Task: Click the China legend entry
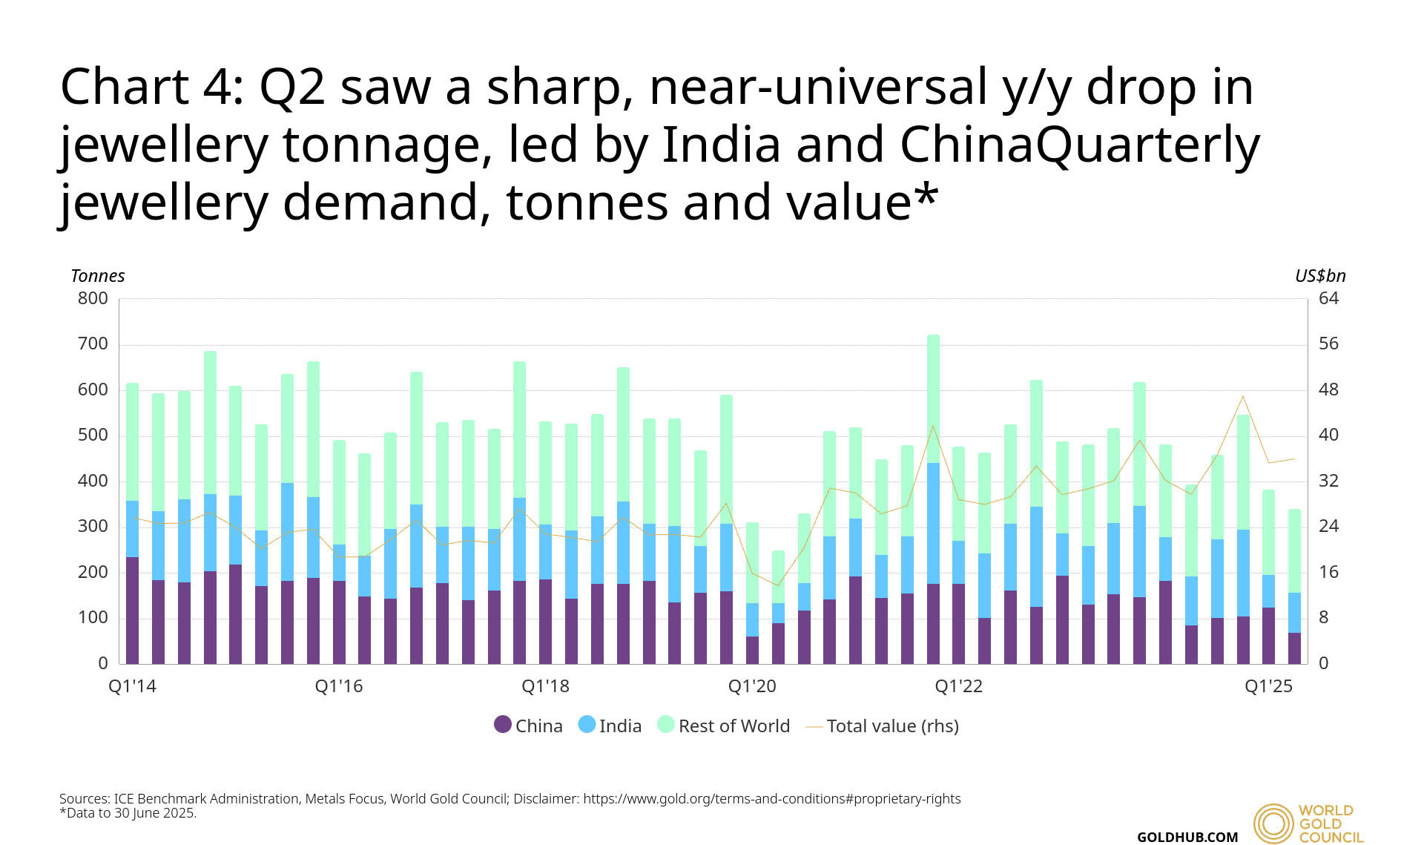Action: click(529, 726)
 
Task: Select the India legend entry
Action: click(610, 726)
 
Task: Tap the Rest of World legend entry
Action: click(724, 726)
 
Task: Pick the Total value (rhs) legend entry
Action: click(883, 726)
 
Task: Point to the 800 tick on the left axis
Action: click(93, 298)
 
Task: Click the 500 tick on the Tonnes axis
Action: click(93, 435)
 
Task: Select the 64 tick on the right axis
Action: click(1328, 298)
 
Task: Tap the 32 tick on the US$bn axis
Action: click(1328, 481)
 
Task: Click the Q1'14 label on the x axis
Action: click(133, 686)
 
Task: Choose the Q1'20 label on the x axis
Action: click(752, 686)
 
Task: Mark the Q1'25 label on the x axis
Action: click(1268, 686)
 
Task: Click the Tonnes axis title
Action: click(98, 276)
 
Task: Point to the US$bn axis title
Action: click(1320, 276)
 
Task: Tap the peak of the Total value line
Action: click(1243, 396)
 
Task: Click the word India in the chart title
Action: click(721, 144)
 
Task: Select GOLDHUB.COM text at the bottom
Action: click(1187, 837)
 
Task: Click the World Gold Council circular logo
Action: click(1273, 823)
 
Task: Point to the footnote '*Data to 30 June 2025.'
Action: click(128, 813)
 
